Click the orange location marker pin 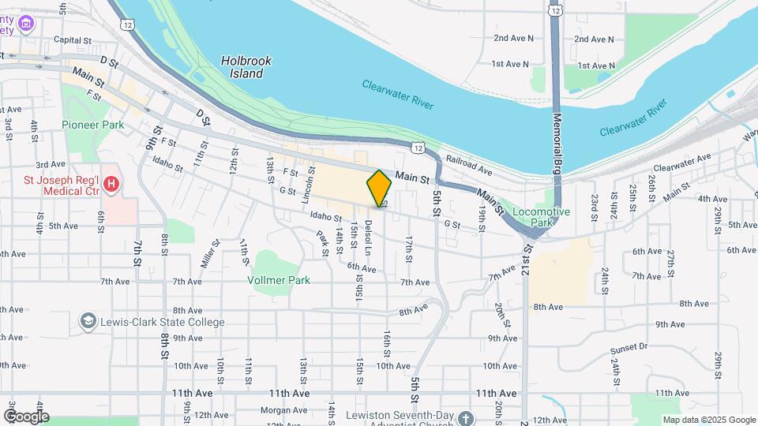(x=380, y=188)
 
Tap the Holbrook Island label (x=242, y=66)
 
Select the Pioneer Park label (x=93, y=125)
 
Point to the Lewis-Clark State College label (x=162, y=322)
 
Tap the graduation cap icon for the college (x=87, y=322)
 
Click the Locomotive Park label (x=541, y=217)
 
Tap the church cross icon (x=466, y=417)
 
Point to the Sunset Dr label (x=629, y=346)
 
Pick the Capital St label (x=73, y=40)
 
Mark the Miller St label (x=208, y=252)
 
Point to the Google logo (x=26, y=417)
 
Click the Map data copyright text (x=708, y=420)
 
